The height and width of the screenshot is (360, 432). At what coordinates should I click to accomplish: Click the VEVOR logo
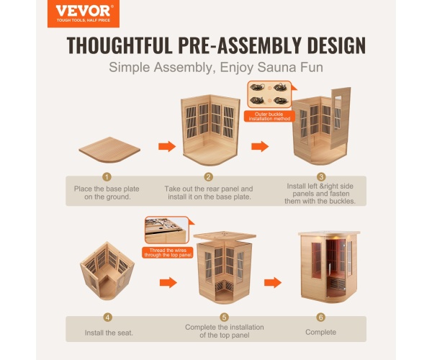84,14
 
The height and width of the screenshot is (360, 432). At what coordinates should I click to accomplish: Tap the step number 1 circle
107,177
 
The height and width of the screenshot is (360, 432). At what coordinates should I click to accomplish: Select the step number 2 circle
209,177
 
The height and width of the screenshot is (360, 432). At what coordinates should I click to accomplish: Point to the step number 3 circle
321,177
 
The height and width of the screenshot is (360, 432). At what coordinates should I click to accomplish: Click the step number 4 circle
108,318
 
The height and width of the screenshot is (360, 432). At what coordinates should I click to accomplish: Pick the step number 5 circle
224,318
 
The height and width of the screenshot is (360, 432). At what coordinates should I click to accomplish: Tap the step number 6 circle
320,318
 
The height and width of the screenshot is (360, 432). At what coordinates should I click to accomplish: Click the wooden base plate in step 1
109,150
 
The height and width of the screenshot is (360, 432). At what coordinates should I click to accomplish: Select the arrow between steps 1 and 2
167,146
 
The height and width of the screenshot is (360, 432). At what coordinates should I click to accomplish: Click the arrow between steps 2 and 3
260,146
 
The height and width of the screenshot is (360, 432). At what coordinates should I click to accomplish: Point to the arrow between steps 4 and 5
168,282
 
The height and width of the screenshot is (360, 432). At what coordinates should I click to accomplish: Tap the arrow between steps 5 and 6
273,282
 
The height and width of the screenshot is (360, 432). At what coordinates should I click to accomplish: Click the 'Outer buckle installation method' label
269,116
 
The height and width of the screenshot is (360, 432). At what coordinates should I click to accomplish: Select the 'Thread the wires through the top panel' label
168,253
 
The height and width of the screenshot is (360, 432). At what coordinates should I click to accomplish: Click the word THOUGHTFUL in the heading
120,45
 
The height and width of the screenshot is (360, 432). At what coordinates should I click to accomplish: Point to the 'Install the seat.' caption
109,333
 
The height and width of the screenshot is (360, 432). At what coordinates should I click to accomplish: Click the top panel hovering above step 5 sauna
225,235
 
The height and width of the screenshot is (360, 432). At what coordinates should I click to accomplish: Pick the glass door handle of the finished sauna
330,271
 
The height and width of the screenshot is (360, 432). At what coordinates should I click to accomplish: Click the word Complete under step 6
320,332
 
